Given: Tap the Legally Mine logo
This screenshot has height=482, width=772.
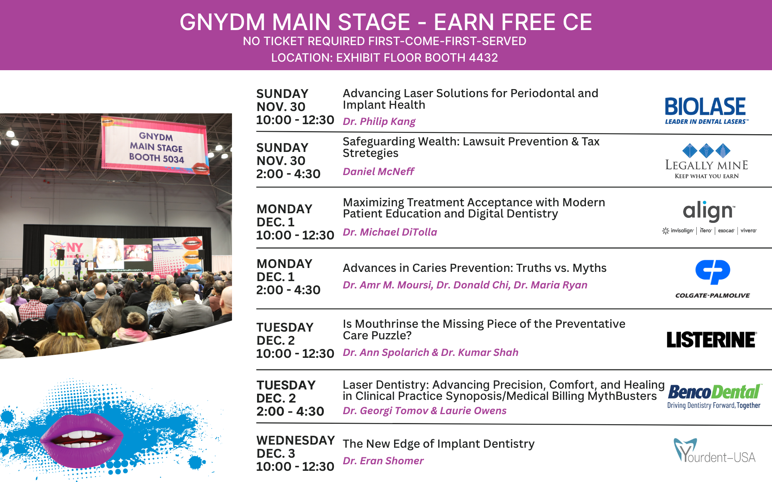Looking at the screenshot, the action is coord(706,161).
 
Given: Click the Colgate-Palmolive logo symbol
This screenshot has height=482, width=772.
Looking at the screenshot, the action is coord(713,272).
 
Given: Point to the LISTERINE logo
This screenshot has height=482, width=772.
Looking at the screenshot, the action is coord(711,340).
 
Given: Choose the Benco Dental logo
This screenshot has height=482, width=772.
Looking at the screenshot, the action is coord(714,396).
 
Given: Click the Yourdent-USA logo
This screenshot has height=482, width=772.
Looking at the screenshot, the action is coord(714,450).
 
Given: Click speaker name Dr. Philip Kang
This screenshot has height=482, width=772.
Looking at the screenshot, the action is coord(379,121).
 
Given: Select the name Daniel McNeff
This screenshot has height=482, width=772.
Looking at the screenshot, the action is coord(378,171).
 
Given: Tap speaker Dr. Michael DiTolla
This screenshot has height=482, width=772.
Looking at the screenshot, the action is coord(390,232).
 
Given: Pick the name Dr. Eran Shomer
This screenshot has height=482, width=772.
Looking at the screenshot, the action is coord(383,461).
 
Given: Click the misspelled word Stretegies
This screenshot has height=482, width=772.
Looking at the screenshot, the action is coord(371,153).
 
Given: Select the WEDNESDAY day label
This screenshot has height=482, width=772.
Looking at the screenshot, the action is coord(296,440).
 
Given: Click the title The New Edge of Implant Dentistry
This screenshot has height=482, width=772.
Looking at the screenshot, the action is coord(438,444).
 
